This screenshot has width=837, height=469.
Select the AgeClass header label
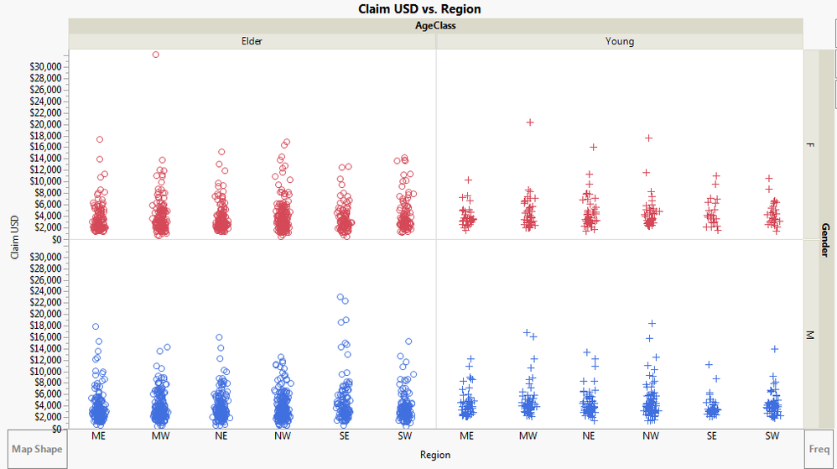(x=436, y=25)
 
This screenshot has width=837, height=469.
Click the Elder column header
(x=252, y=41)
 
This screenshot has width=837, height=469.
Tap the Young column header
(x=620, y=41)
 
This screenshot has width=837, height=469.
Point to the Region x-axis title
(x=435, y=455)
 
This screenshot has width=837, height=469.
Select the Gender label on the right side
(x=825, y=239)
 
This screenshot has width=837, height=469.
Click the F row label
(x=810, y=145)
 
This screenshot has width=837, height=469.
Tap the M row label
(x=810, y=335)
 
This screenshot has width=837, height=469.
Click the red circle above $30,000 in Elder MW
(x=156, y=55)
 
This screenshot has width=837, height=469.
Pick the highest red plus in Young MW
(x=530, y=122)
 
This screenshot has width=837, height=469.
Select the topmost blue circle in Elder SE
(x=340, y=297)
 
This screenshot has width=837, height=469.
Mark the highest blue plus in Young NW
(x=652, y=323)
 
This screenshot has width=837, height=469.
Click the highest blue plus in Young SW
(x=775, y=349)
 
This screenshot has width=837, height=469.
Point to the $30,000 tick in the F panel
(x=44, y=66)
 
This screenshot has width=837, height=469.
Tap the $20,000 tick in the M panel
(x=44, y=314)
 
